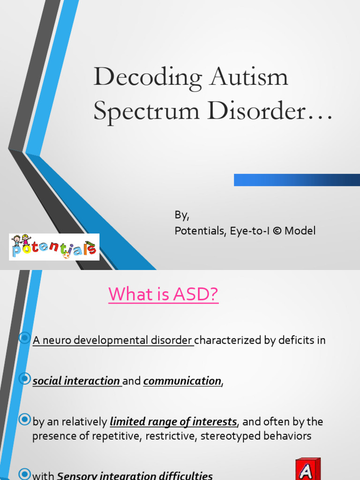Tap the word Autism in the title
248,77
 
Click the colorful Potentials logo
54,247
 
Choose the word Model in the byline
300,231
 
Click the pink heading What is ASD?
164,294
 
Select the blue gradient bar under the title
297,180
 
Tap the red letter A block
307,470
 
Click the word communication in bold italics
182,381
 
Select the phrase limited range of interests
173,422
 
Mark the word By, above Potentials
182,215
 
